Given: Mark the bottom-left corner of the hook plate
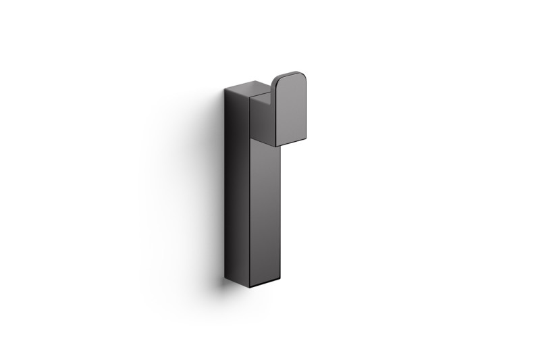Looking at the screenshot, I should pyautogui.click(x=275, y=146).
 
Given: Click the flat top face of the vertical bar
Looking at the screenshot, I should pyautogui.click(x=247, y=90).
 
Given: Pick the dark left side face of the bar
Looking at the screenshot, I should pyautogui.click(x=236, y=189).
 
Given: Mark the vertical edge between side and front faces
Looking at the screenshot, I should pyautogui.click(x=250, y=203).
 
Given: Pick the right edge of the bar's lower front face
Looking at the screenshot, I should pyautogui.click(x=278, y=216).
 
